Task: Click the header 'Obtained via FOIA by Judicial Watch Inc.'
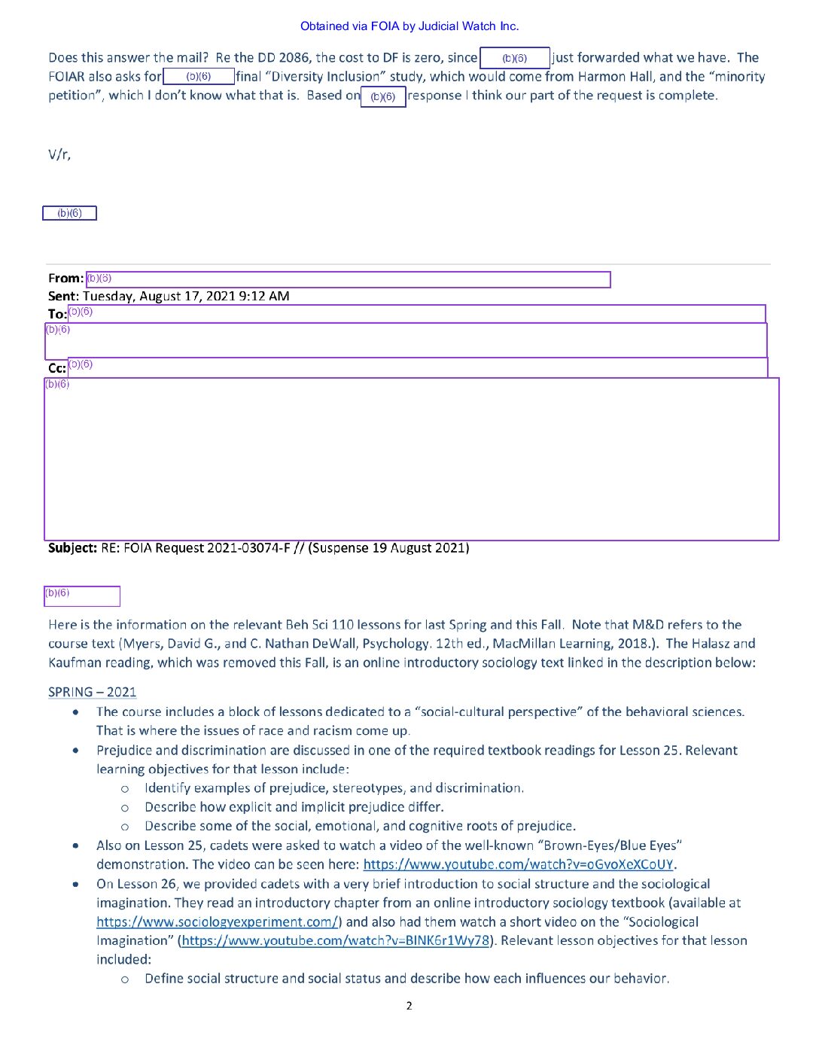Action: tap(409, 26)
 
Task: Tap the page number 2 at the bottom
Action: tap(409, 1006)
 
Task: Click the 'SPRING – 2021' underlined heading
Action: tap(92, 692)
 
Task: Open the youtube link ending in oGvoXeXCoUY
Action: tap(518, 864)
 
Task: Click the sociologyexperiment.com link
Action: tap(218, 921)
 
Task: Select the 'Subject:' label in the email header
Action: tap(72, 548)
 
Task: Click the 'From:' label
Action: tap(65, 279)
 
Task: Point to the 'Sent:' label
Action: tap(63, 296)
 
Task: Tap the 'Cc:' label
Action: tap(57, 368)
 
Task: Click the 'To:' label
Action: tap(57, 314)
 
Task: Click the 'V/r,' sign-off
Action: tap(59, 155)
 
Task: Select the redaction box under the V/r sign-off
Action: tap(69, 213)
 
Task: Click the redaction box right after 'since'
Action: tap(515, 58)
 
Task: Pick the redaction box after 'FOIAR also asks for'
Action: tap(199, 76)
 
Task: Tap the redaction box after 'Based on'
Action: tap(383, 96)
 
